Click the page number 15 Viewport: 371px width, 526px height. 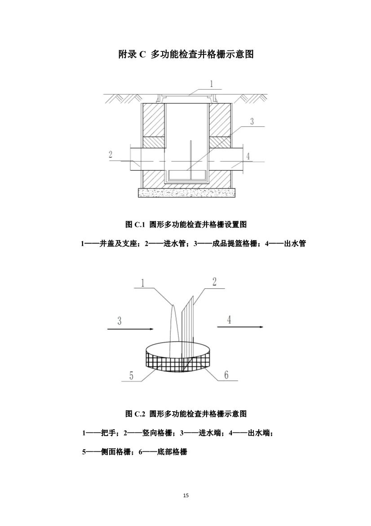186,495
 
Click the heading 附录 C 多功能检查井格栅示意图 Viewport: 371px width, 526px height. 186,54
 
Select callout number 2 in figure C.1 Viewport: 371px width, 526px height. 110,154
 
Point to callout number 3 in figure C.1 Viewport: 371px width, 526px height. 252,121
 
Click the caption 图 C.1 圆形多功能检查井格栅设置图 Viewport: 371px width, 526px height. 186,224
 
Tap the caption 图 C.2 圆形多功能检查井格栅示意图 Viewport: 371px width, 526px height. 186,414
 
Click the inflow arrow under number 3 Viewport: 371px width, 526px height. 130,329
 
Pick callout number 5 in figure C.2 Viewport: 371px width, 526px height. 132,375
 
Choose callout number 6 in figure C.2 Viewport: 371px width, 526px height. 226,375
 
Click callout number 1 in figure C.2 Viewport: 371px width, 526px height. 142,283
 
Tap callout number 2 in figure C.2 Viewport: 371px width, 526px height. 214,282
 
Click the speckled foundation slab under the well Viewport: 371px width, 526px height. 186,193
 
